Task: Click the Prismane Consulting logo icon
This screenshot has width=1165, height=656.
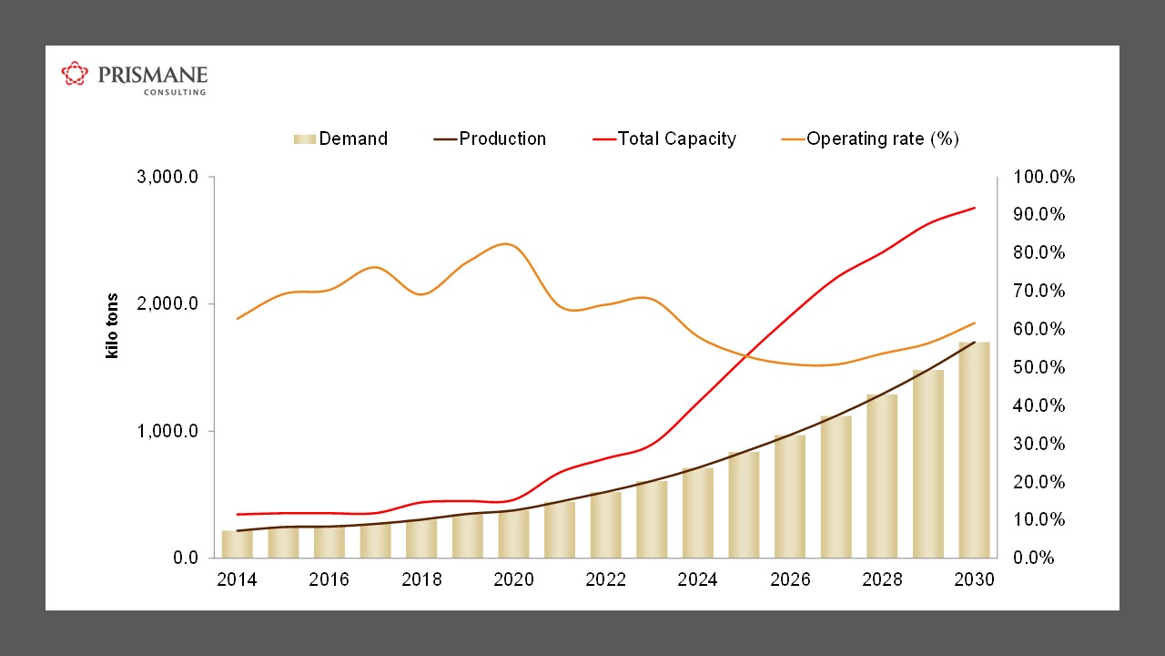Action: [75, 74]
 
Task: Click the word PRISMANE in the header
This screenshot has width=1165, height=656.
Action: [153, 74]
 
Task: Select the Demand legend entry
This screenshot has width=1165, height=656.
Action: [341, 138]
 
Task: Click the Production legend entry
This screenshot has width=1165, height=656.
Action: [491, 138]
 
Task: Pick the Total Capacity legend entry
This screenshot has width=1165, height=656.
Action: [664, 138]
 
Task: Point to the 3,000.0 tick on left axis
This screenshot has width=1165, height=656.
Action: [167, 177]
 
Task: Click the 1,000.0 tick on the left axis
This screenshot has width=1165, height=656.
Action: [167, 431]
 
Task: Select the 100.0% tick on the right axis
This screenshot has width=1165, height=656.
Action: [1044, 177]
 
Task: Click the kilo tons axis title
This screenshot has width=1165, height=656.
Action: [113, 325]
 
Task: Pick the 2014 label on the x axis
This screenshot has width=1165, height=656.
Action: [237, 579]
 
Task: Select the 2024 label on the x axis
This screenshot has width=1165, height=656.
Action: [697, 579]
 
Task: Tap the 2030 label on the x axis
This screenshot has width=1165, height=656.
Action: [974, 579]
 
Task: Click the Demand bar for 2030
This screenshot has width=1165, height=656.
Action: [974, 451]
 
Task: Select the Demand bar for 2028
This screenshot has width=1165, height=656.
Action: [882, 477]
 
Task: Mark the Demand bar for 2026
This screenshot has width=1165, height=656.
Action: [790, 497]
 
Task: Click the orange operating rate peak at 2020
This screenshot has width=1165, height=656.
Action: [507, 243]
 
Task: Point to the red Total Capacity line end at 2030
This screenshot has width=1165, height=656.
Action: [975, 208]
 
